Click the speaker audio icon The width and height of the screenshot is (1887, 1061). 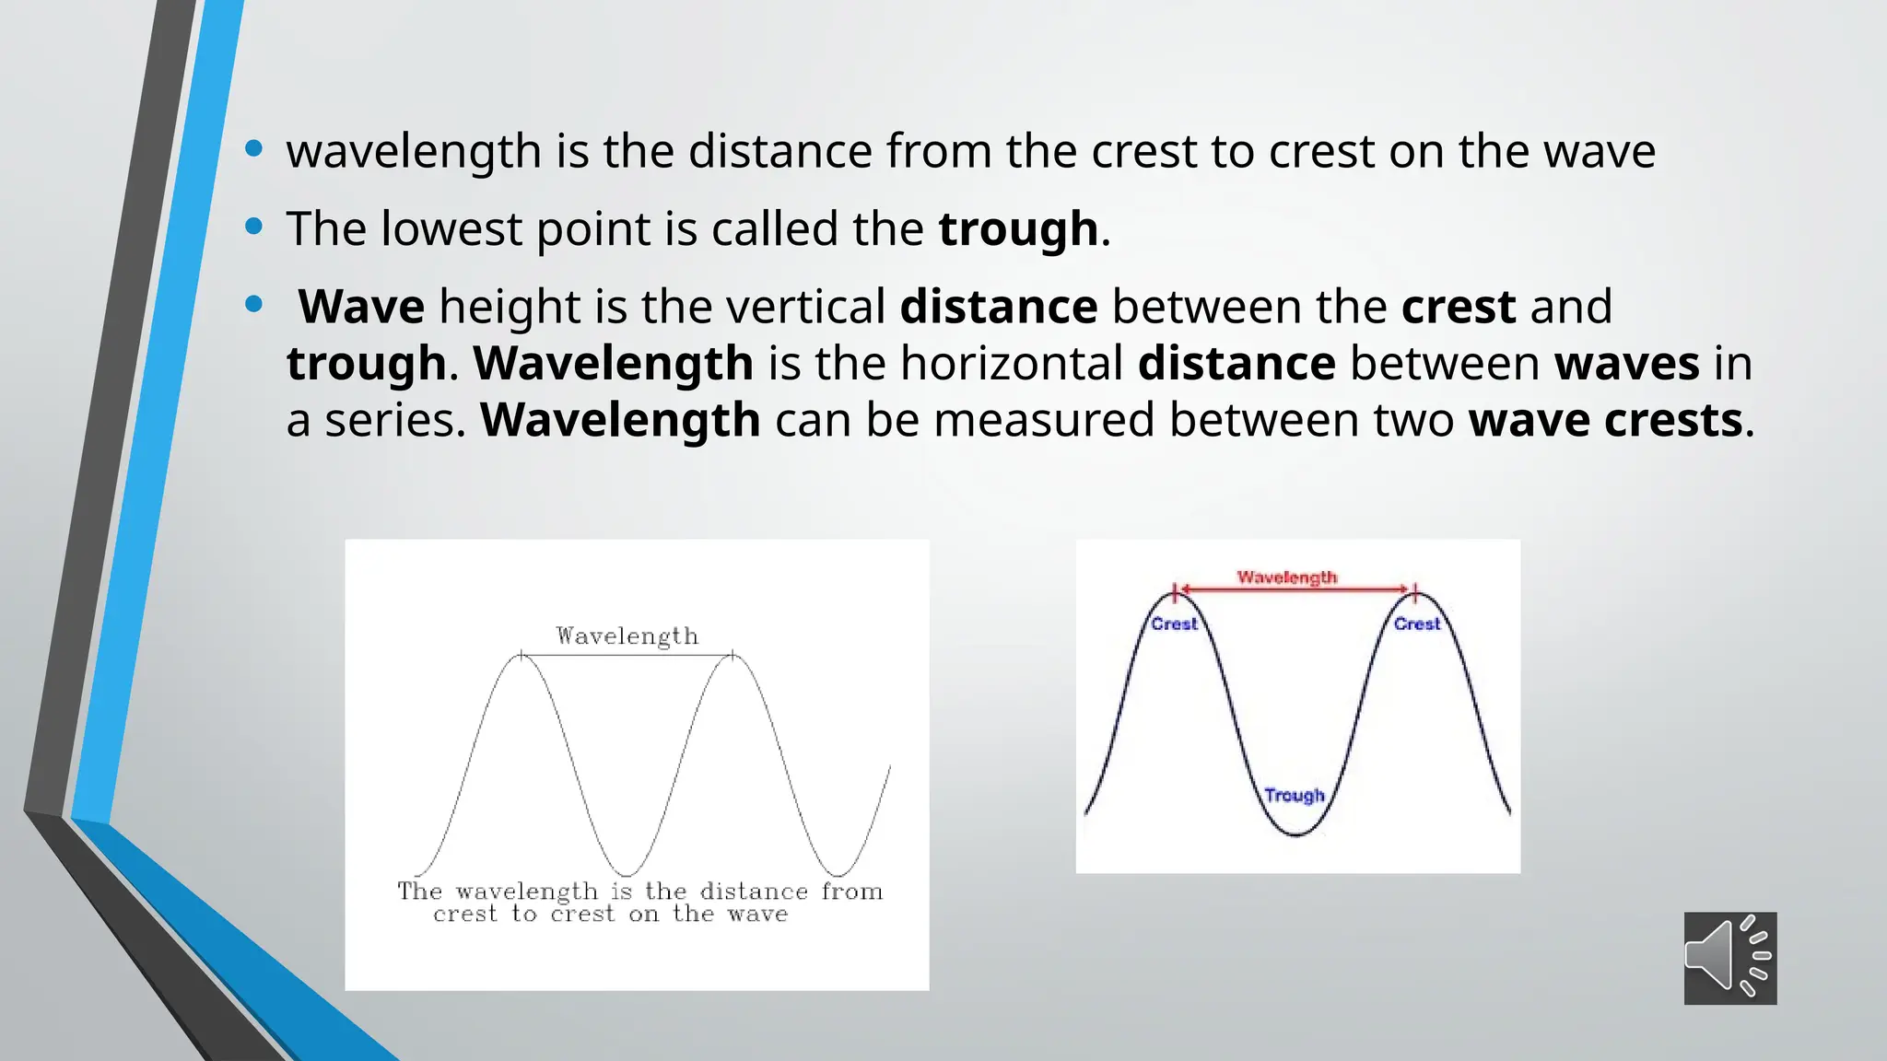[x=1729, y=958]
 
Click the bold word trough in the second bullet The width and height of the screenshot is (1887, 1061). [x=1018, y=228]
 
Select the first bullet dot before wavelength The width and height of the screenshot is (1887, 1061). [x=254, y=148]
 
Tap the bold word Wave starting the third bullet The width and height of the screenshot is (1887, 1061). [x=361, y=307]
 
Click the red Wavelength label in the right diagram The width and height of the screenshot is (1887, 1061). [x=1286, y=577]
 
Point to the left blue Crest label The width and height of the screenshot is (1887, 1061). [x=1174, y=624]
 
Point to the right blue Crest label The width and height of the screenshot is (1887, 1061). [x=1416, y=624]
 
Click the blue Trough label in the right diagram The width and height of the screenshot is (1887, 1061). [x=1294, y=795]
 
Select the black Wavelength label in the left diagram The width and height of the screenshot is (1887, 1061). [x=627, y=636]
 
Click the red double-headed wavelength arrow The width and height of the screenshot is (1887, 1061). [x=1294, y=589]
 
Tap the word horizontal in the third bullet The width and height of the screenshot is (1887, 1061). [x=1011, y=363]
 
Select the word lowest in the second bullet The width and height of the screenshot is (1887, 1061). [x=451, y=228]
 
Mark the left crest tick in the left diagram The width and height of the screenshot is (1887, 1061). [x=522, y=655]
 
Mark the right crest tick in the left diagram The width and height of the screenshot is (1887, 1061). [x=733, y=655]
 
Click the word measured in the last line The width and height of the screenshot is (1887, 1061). [x=1044, y=420]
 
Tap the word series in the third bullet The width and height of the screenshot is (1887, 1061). [x=390, y=420]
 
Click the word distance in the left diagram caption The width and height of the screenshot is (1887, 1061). [x=753, y=892]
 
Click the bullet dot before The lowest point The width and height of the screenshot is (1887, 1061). [x=254, y=227]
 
